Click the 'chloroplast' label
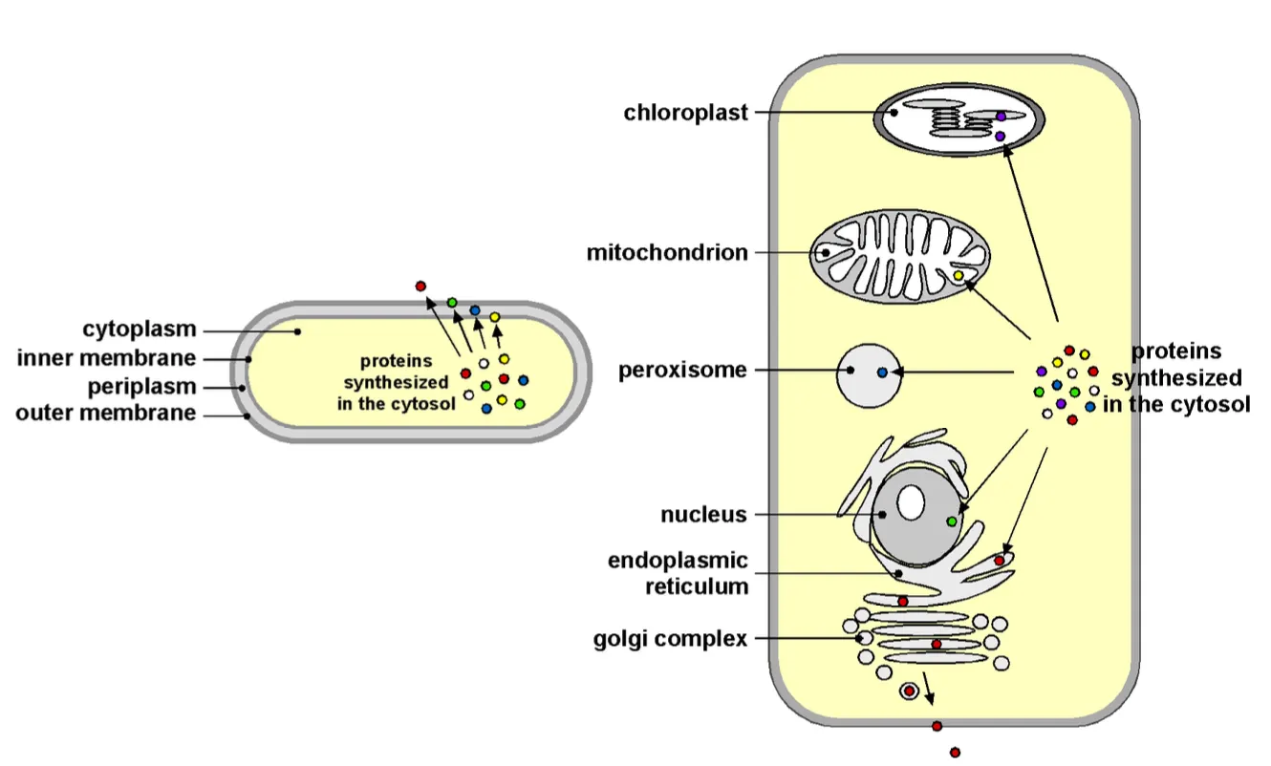[x=685, y=113]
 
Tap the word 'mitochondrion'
[x=667, y=253]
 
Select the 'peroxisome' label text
[x=682, y=370]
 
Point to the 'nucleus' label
[x=703, y=515]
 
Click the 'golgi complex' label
[x=670, y=639]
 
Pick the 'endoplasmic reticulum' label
[x=678, y=573]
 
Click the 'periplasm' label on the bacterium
[x=141, y=387]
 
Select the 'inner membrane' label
[x=106, y=358]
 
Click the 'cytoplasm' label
[x=140, y=330]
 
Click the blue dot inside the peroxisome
[x=882, y=372]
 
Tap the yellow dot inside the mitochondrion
[x=959, y=276]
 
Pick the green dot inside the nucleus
[x=952, y=521]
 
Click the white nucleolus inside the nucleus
[x=911, y=502]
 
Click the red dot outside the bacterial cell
[x=420, y=286]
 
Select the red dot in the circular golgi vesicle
[x=909, y=690]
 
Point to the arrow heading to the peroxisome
[x=956, y=372]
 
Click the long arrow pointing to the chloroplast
[x=1031, y=239]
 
